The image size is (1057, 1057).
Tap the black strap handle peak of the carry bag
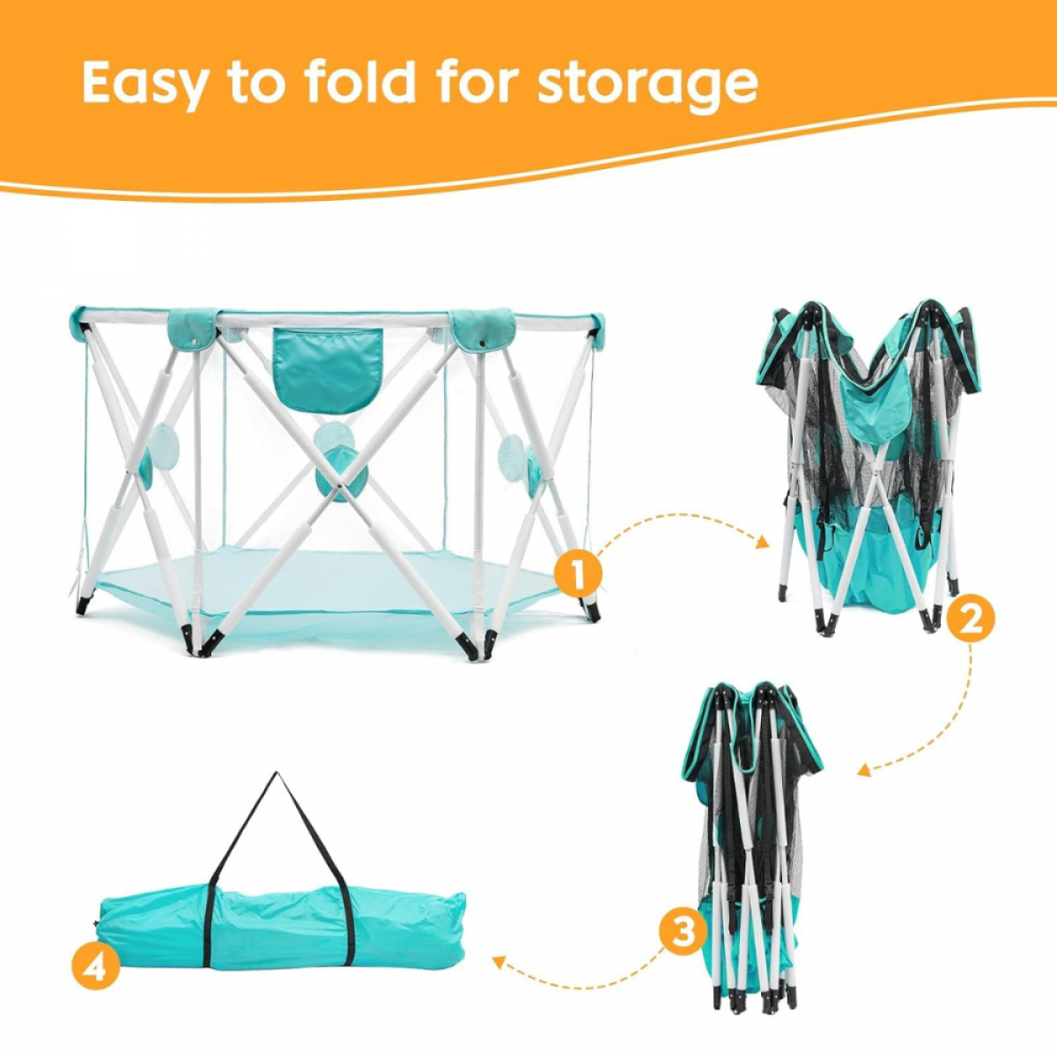tap(277, 774)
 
